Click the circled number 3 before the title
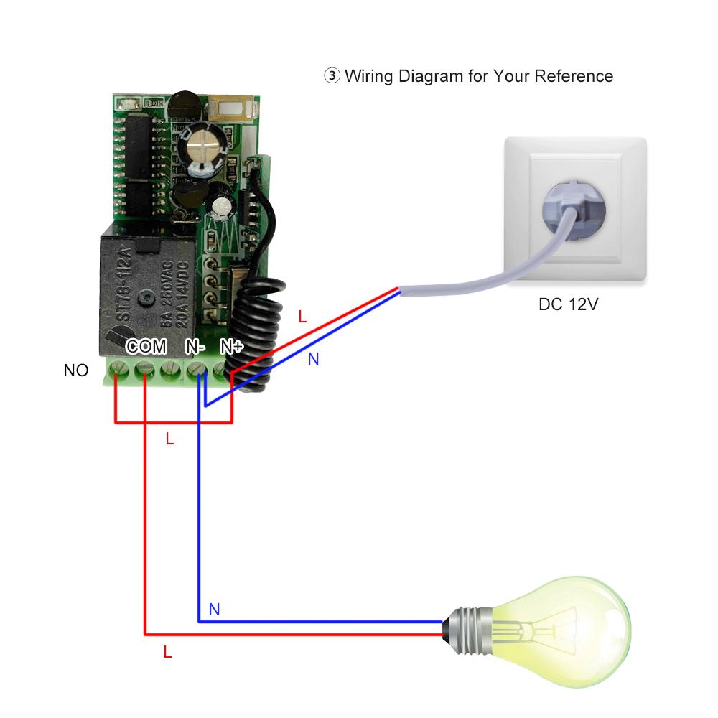(332, 76)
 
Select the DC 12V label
(568, 304)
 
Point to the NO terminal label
(76, 370)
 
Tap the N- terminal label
(195, 347)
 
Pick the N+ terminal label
(231, 347)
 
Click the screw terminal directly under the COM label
(145, 370)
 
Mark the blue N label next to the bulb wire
(213, 610)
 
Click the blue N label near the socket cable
(313, 359)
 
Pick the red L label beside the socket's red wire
(302, 316)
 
